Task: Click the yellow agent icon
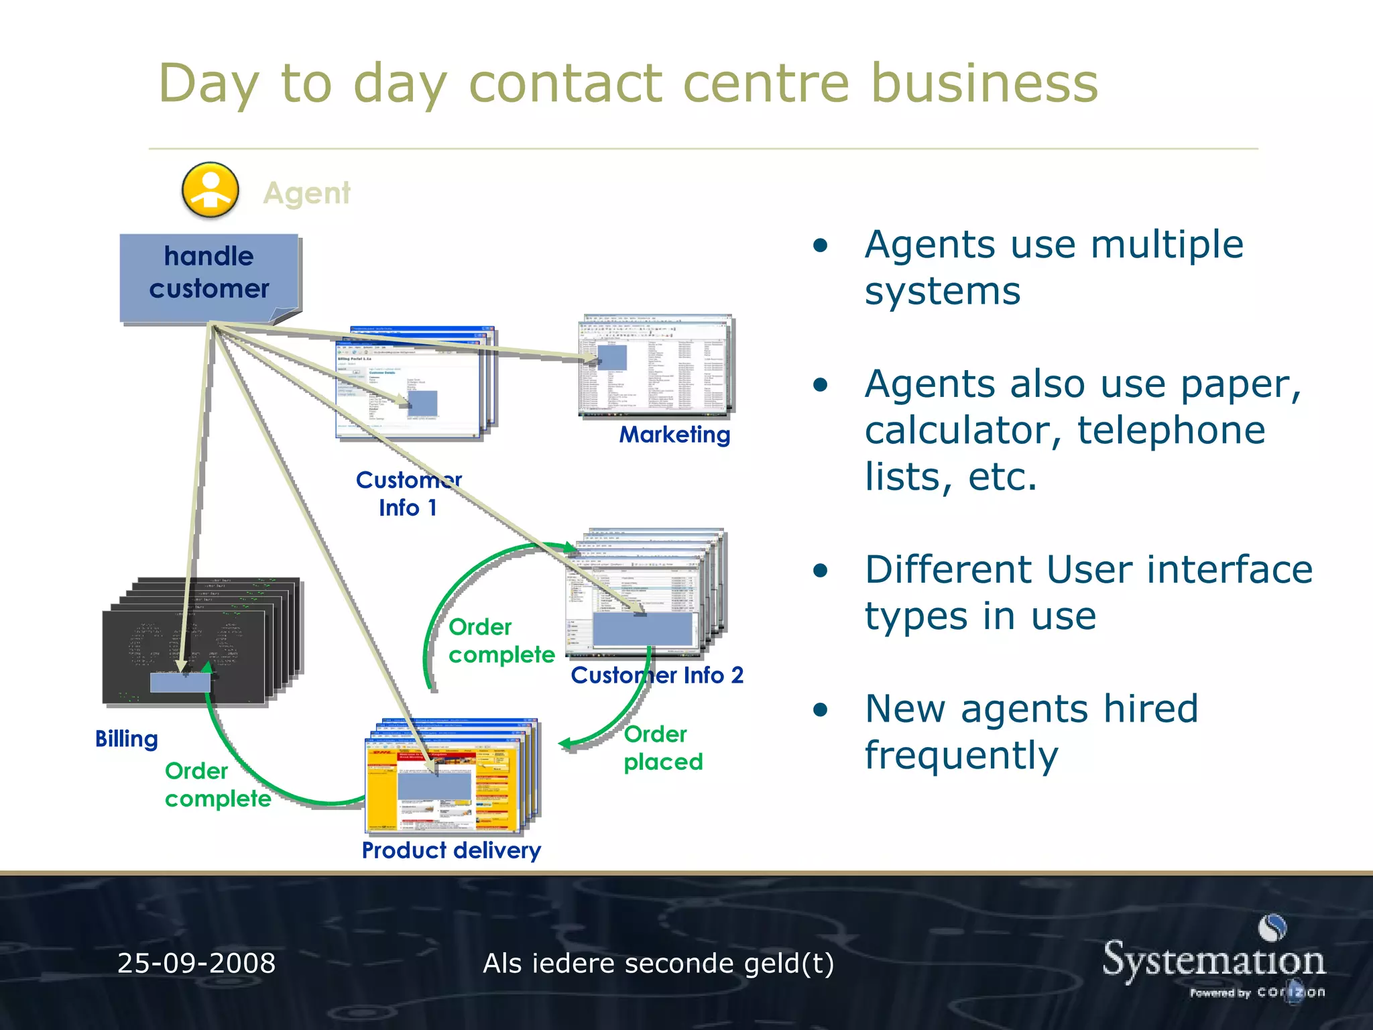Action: click(210, 190)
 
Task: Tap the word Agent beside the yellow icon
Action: click(306, 193)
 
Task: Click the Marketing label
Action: click(674, 435)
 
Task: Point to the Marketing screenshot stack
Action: click(656, 366)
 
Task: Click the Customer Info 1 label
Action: click(408, 494)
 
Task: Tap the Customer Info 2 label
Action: click(657, 675)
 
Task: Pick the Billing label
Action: click(127, 738)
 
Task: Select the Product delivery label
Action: click(451, 850)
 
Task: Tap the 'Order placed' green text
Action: click(662, 748)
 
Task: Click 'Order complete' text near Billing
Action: click(218, 785)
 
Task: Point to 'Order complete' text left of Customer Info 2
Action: click(501, 640)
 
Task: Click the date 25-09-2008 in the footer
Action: click(196, 963)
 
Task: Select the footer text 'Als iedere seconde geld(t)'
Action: click(658, 963)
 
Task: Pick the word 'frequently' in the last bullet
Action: click(961, 755)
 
